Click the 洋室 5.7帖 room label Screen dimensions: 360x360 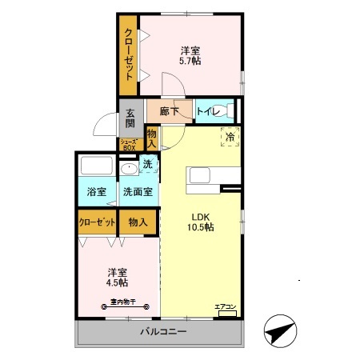tap(190, 54)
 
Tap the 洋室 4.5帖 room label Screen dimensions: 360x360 tap(118, 277)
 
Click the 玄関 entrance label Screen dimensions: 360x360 tap(130, 119)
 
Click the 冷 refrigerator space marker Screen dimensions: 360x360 tap(230, 138)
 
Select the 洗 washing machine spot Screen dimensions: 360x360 tap(148, 165)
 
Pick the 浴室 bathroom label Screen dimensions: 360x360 tap(97, 192)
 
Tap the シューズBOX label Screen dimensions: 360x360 tap(130, 145)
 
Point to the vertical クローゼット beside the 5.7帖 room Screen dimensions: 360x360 tap(128, 54)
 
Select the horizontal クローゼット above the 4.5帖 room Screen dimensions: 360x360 tap(97, 222)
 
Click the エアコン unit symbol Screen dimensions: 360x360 tap(226, 310)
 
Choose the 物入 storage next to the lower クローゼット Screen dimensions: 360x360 tap(138, 222)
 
